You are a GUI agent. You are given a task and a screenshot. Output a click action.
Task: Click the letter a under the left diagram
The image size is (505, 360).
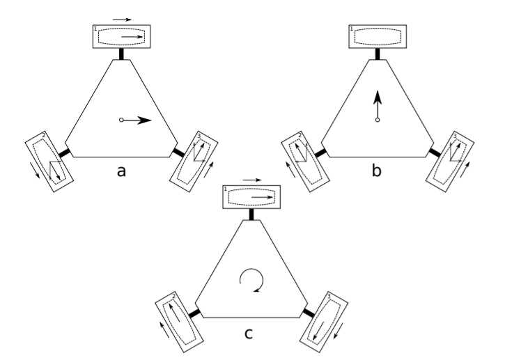click(x=121, y=171)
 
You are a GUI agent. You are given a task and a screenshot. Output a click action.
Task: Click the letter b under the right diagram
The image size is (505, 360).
click(x=377, y=170)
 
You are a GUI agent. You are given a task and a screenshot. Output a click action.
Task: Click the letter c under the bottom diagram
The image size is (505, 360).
click(x=248, y=334)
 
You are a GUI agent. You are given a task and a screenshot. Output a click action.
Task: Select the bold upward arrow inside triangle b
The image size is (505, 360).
click(x=378, y=104)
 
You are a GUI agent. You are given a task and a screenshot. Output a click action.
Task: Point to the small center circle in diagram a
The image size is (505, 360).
click(x=121, y=120)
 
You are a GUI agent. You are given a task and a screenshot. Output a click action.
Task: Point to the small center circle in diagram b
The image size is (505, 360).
click(x=378, y=120)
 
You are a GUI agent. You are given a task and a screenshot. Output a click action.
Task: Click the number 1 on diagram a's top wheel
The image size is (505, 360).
click(x=95, y=29)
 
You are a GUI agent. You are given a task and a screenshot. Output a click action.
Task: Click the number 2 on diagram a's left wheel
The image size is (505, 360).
click(x=44, y=135)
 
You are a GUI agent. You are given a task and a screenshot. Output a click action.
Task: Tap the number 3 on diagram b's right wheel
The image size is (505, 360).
click(x=455, y=136)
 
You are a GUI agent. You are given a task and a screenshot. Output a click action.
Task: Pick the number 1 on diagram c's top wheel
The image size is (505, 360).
click(x=226, y=189)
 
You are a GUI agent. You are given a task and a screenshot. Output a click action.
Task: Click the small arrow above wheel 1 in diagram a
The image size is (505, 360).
click(x=122, y=19)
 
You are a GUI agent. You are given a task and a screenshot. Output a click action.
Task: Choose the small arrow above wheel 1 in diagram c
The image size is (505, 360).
click(x=252, y=180)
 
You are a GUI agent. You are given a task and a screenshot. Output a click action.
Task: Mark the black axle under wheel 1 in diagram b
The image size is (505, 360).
click(x=378, y=54)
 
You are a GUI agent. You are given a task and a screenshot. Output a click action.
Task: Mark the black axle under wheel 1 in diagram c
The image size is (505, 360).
click(x=251, y=214)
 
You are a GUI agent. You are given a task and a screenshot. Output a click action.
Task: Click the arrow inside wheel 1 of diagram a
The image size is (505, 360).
click(x=132, y=37)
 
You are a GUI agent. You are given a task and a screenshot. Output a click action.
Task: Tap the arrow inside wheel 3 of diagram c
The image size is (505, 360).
click(x=318, y=331)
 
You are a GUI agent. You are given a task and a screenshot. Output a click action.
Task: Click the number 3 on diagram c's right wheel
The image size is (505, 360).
click(x=329, y=296)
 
